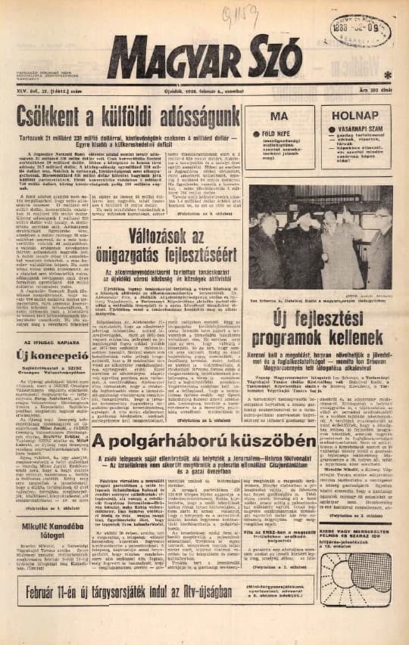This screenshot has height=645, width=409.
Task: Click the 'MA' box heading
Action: pos(279,116)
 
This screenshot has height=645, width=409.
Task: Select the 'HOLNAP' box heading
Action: pos(357,116)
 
